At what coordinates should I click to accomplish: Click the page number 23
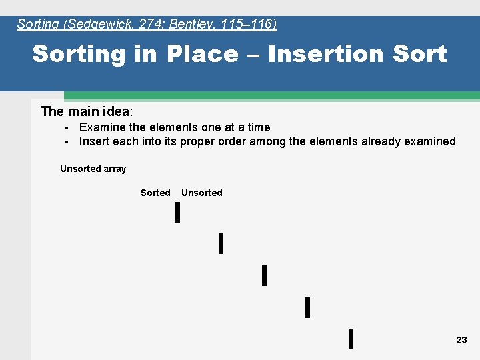(461, 340)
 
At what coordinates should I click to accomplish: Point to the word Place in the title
(201, 54)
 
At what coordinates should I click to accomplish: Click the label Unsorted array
(93, 169)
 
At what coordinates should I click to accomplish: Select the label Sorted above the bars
(155, 193)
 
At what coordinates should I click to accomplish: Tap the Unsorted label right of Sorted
(201, 193)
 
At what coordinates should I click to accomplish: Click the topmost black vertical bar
(177, 213)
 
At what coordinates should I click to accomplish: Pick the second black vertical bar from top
(221, 243)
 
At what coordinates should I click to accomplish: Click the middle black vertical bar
(264, 275)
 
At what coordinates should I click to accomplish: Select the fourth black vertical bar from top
(307, 307)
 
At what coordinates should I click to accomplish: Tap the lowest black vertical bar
(351, 339)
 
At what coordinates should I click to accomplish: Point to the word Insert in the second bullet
(93, 141)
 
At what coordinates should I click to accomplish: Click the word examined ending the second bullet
(429, 141)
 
